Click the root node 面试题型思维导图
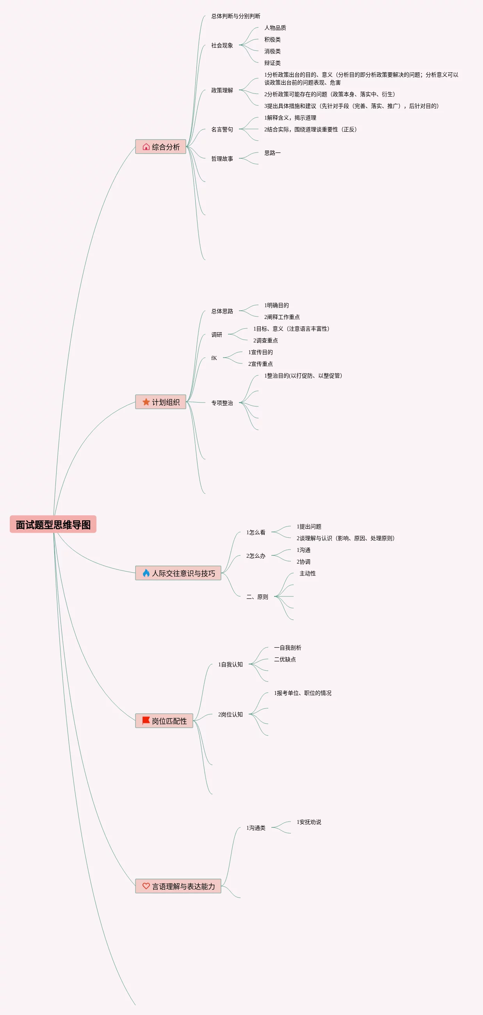coord(53,525)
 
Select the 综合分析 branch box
coord(160,147)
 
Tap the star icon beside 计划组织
coord(146,402)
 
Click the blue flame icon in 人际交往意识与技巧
coord(146,573)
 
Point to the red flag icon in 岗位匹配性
coord(146,721)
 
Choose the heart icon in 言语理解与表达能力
coord(146,886)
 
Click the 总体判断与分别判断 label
coord(235,16)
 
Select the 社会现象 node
coord(222,45)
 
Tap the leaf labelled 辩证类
coord(273,63)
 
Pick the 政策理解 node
coord(222,90)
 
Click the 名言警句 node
coord(222,129)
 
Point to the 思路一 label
coord(273,153)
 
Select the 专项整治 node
coord(222,403)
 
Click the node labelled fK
coord(214,358)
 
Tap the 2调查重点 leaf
coord(265,340)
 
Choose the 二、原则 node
coord(257,597)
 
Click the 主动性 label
coord(307,573)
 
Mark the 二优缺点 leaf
coord(285,660)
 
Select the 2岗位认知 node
coord(230,715)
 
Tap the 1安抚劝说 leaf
coord(308,822)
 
